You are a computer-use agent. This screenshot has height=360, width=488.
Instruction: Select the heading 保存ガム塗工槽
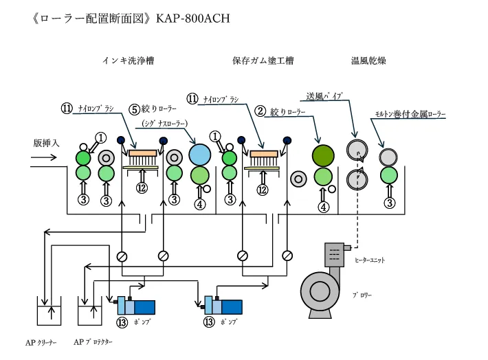(x=263, y=60)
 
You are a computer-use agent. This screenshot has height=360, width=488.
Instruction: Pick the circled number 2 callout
(x=260, y=110)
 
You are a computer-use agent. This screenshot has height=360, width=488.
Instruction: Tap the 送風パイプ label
(x=324, y=95)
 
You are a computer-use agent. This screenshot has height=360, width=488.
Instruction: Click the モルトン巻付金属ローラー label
(x=410, y=113)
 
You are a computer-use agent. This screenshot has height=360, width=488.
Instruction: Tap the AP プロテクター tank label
(x=93, y=341)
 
